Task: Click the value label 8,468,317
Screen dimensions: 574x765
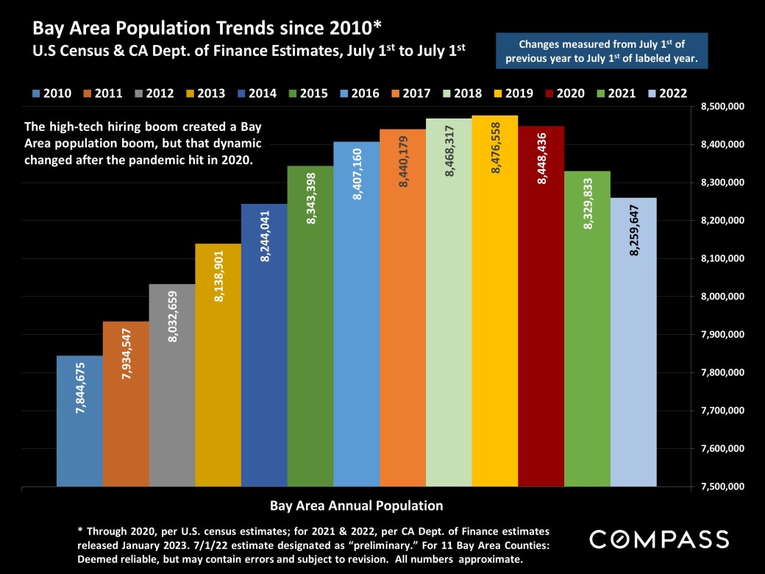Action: click(449, 150)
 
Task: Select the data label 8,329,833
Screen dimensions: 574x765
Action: click(588, 204)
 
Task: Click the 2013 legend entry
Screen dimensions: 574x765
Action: click(207, 93)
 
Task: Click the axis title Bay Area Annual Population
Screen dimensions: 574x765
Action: click(356, 506)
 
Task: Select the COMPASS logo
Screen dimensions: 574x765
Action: click(659, 539)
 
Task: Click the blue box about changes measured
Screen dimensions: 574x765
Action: click(602, 50)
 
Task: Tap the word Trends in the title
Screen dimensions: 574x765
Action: click(213, 29)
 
